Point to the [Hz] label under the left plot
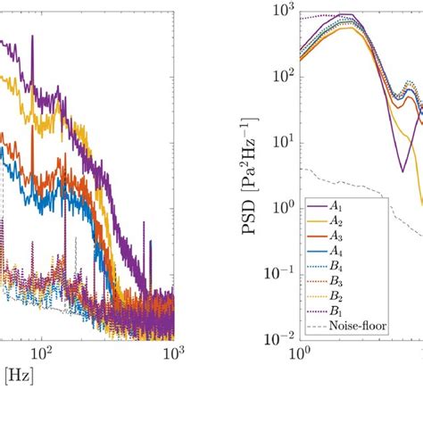click(x=17, y=377)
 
